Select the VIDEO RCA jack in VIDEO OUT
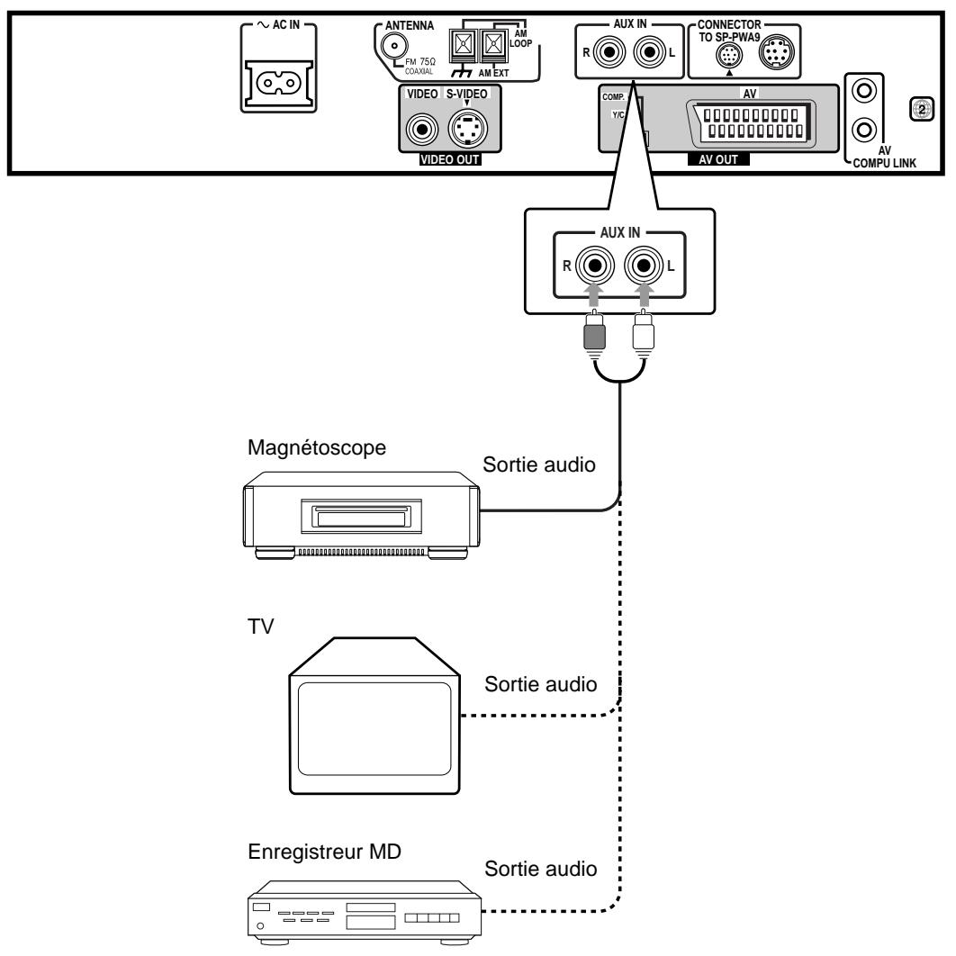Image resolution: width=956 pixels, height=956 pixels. [419, 130]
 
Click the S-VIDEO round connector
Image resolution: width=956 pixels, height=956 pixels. [469, 130]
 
